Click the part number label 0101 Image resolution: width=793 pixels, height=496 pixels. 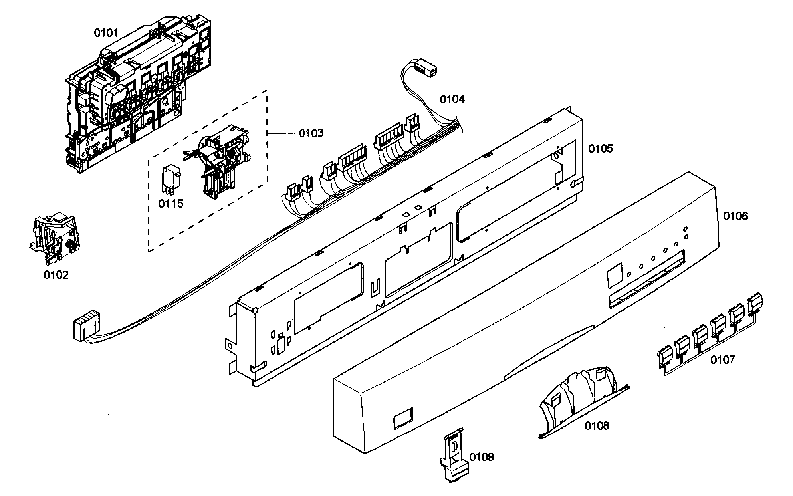(x=106, y=33)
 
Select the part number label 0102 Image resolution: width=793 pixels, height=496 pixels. (x=56, y=275)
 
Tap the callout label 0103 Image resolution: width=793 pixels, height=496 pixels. (x=311, y=133)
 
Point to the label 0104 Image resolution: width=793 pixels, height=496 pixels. (x=452, y=99)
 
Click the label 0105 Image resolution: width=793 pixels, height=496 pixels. (x=600, y=149)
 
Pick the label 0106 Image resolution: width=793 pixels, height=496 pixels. (x=735, y=216)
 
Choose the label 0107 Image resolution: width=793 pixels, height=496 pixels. (x=722, y=360)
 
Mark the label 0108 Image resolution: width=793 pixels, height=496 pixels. (x=597, y=426)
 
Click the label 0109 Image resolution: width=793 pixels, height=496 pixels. (x=482, y=457)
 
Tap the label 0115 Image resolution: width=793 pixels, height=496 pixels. (x=170, y=204)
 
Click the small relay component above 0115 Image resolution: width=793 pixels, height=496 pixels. (x=170, y=178)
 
